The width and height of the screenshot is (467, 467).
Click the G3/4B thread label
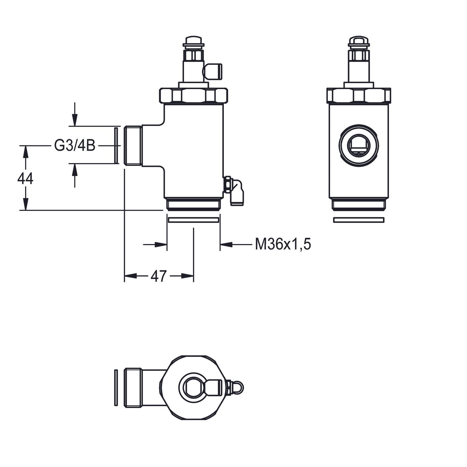[75, 146]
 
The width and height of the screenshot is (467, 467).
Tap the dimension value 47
[159, 276]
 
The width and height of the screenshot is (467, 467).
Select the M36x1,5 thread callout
[283, 244]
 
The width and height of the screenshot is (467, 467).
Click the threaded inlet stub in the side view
[133, 145]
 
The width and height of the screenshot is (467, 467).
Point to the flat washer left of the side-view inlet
[116, 145]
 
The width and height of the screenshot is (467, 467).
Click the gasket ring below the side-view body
[193, 220]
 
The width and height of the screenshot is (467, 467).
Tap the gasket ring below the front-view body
[358, 220]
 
